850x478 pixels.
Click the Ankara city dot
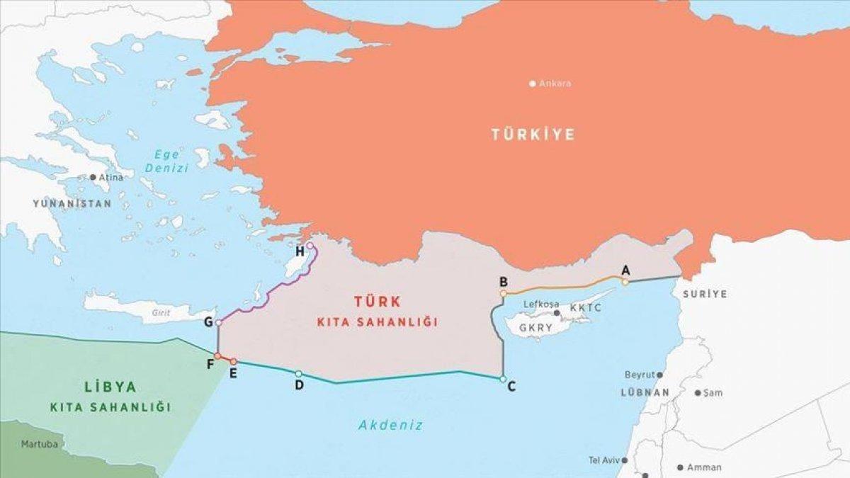(x=533, y=84)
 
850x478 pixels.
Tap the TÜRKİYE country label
(x=533, y=134)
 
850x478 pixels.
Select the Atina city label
(x=110, y=177)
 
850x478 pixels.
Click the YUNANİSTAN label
(x=72, y=203)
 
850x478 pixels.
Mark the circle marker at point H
(x=310, y=246)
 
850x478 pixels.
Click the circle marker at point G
(x=219, y=323)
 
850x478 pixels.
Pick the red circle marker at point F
(x=217, y=355)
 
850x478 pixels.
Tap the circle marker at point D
(x=298, y=373)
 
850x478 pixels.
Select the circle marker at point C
(x=502, y=380)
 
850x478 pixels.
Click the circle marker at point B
(x=503, y=292)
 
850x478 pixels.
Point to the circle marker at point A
(x=625, y=282)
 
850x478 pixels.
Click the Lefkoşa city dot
(x=557, y=312)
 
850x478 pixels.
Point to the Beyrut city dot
(x=659, y=375)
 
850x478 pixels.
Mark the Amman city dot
(x=680, y=467)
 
